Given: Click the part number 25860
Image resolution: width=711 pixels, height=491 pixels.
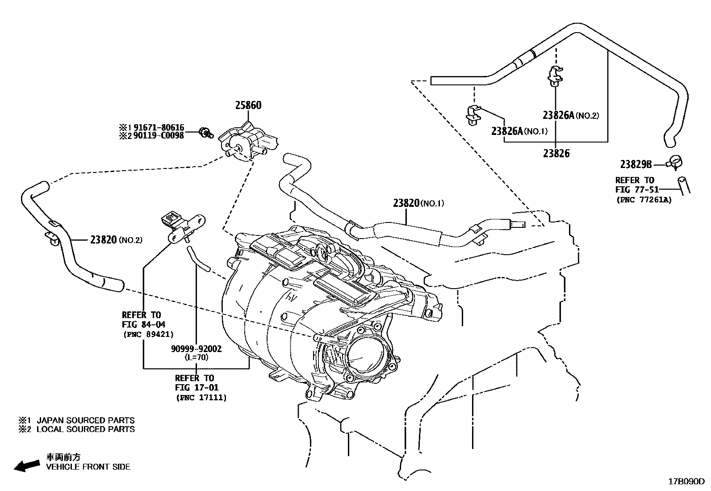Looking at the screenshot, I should pos(248,105).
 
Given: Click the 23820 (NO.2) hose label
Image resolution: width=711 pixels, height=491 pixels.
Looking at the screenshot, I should pos(116,240).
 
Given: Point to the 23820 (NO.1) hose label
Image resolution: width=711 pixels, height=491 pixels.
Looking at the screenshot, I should pos(418,203).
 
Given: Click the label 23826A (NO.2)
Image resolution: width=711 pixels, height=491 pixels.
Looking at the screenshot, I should pos(570,115).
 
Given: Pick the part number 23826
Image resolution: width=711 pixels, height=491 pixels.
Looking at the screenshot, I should pos(556,153).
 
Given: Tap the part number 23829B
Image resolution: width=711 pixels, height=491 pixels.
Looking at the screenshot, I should pos(636,164).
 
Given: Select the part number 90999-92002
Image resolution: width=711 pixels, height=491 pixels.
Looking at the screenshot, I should pos(196,348).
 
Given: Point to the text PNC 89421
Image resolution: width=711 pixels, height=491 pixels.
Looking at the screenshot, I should pos(148,334).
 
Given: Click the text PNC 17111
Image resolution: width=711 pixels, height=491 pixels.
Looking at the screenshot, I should pos(201,397).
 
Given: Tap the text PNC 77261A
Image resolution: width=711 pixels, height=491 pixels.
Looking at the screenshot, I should pos(644,200).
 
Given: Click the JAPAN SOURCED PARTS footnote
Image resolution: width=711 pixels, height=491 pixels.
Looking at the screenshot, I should pos(85,420).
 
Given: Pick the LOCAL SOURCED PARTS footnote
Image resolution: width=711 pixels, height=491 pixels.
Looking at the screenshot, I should pos(85,429).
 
